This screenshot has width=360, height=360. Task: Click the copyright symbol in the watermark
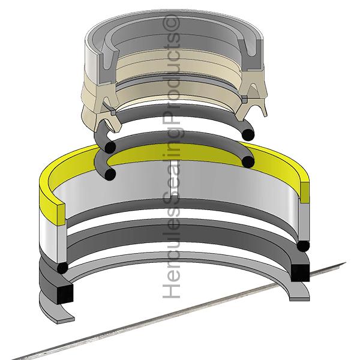click(171, 22)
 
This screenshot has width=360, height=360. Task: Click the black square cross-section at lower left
click(65, 293)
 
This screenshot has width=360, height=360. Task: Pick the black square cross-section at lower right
click(301, 273)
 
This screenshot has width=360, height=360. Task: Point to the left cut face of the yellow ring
click(61, 214)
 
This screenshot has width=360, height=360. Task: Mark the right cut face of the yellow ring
click(305, 193)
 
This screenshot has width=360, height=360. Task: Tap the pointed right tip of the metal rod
click(345, 263)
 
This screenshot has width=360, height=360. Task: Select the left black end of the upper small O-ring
click(110, 148)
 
